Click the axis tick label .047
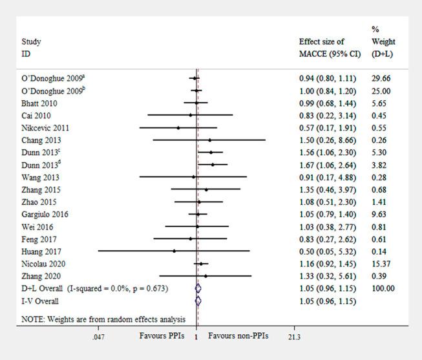(x=98, y=337)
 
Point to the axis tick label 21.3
(x=294, y=337)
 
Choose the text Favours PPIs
(x=162, y=336)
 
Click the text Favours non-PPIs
(x=238, y=336)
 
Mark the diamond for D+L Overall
(x=198, y=288)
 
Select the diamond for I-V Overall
(x=198, y=301)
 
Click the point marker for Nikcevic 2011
(x=178, y=128)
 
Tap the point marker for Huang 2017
(x=174, y=251)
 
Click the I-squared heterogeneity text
(x=121, y=288)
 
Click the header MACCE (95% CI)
(x=329, y=54)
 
